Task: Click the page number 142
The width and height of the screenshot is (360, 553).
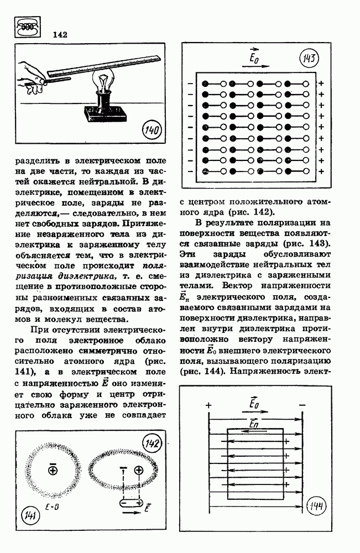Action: pos(60,34)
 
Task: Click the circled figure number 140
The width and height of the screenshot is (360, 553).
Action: pos(150,131)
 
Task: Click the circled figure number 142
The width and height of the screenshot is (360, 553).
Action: pos(151,443)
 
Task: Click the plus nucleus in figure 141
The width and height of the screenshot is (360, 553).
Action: pos(53,470)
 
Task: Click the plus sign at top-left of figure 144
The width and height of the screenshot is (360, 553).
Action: pos(208,405)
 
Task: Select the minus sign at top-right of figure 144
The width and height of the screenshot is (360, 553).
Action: pos(302,405)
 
